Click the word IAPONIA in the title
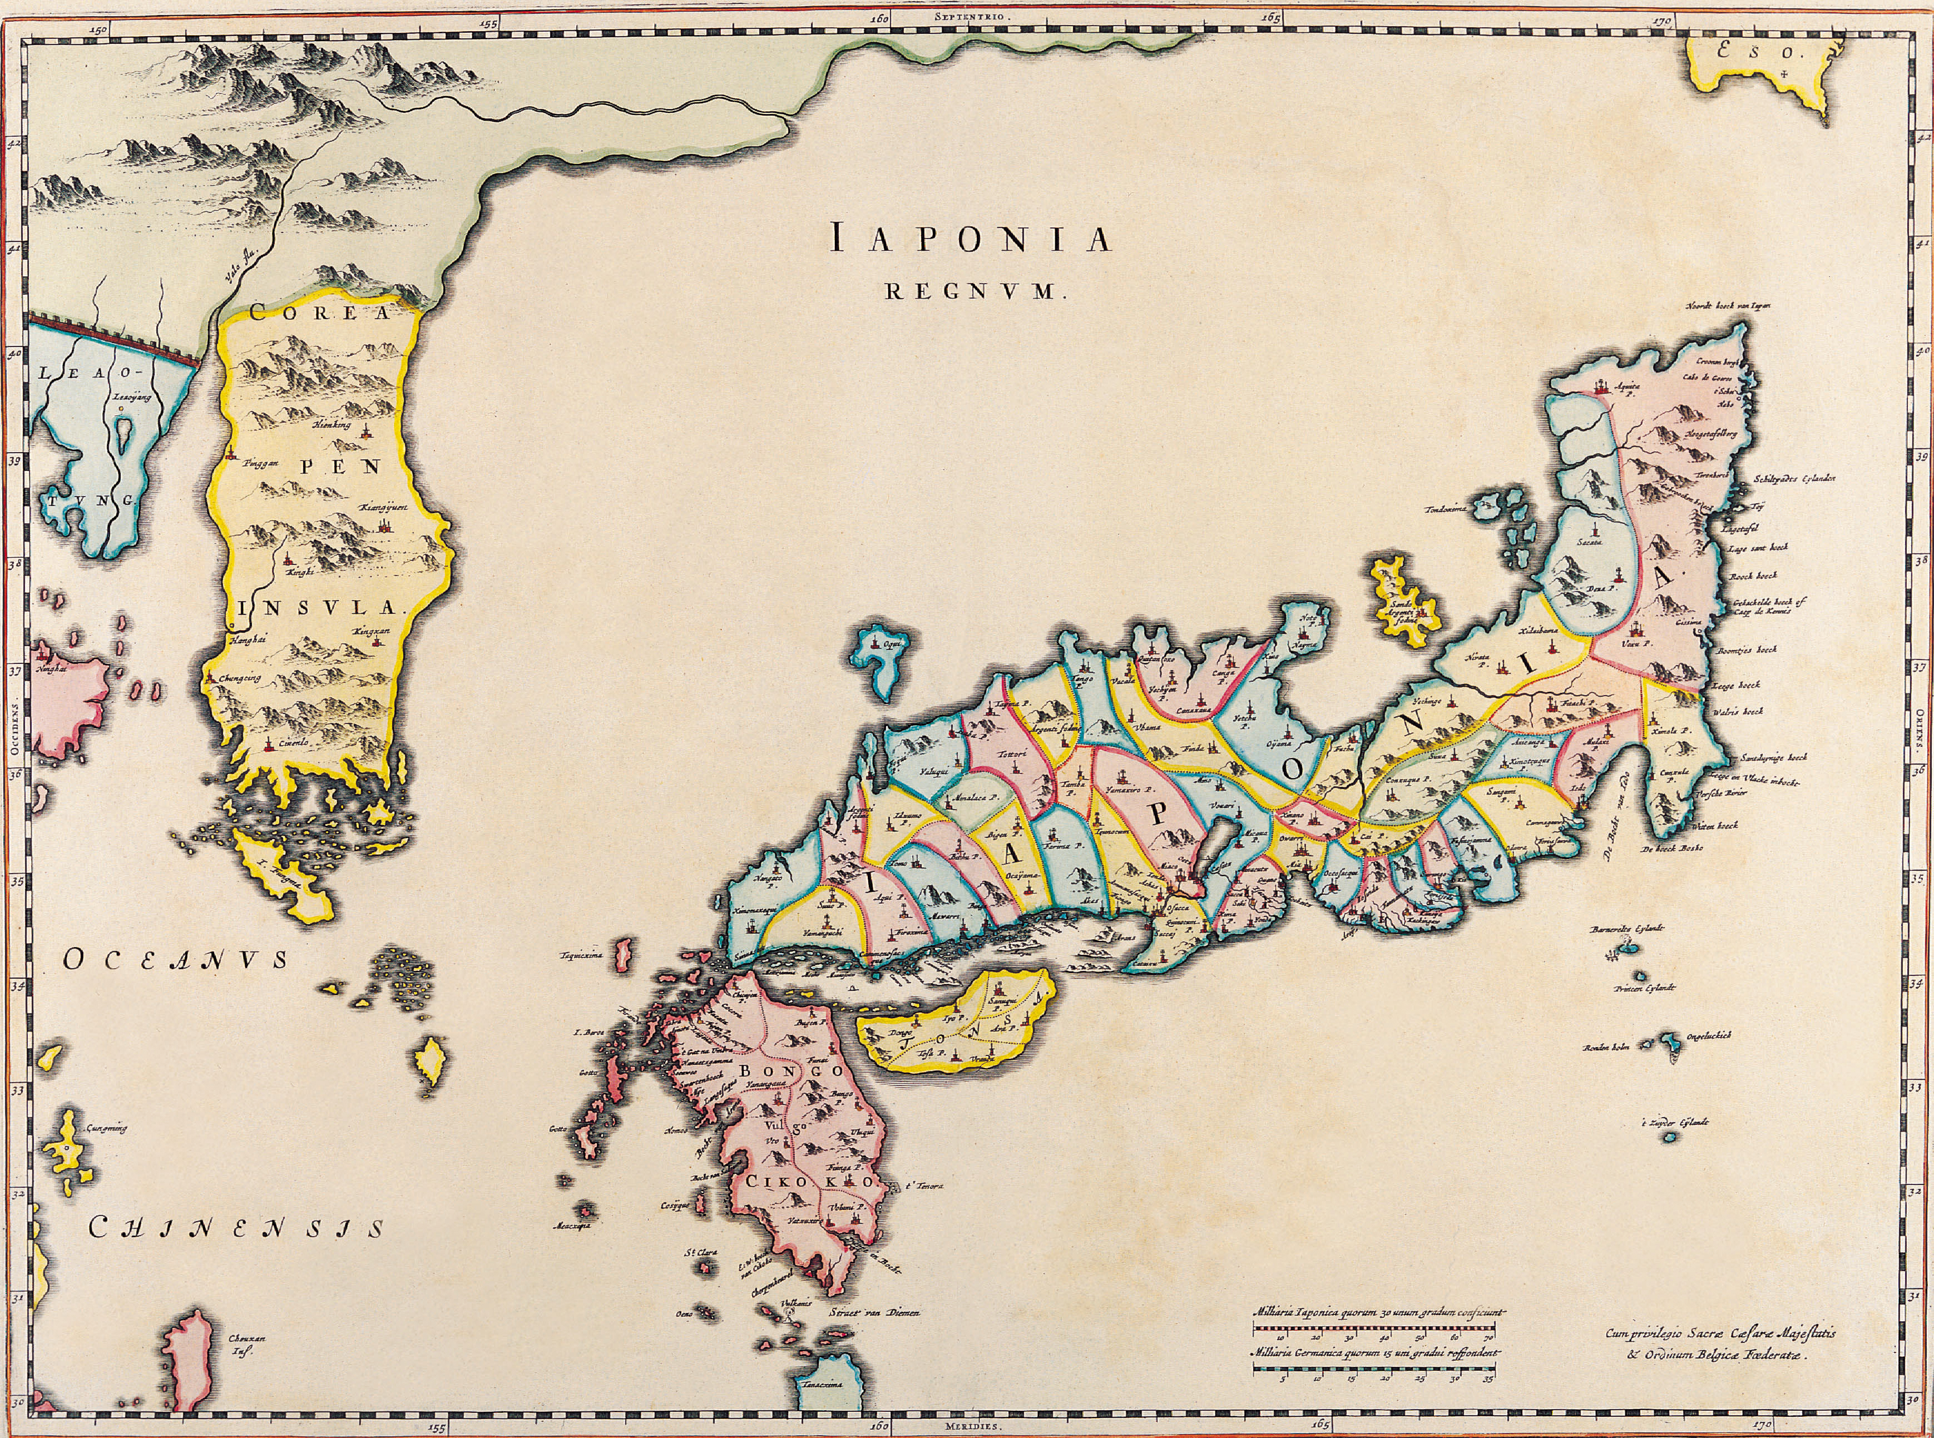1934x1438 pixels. tap(971, 239)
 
